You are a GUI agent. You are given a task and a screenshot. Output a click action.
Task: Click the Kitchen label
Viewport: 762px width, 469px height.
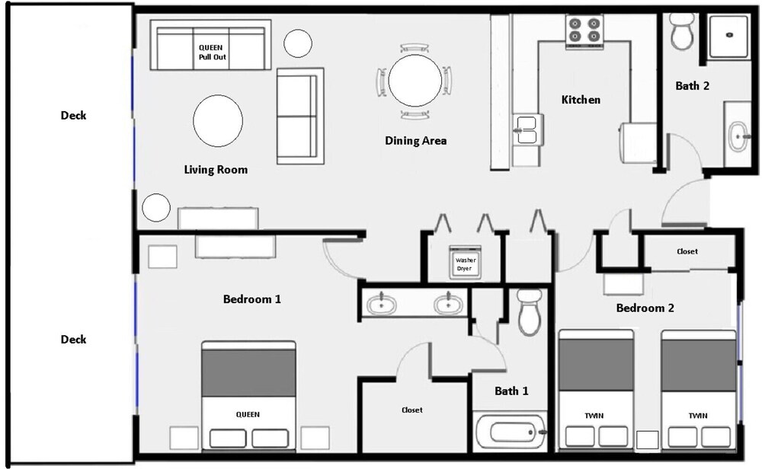pyautogui.click(x=581, y=100)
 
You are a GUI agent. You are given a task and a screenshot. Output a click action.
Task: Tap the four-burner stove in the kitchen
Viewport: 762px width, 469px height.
pyautogui.click(x=584, y=32)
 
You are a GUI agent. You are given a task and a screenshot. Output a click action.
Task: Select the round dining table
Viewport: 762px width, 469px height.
pyautogui.click(x=415, y=81)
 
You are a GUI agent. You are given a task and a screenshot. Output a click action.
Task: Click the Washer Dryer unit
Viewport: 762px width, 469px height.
pyautogui.click(x=465, y=263)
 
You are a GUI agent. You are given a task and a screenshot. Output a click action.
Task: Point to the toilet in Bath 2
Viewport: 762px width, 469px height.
pyautogui.click(x=682, y=31)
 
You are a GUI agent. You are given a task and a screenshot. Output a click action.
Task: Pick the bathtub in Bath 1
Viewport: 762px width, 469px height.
pyautogui.click(x=511, y=431)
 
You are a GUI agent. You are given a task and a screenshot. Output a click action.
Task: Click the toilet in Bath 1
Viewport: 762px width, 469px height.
pyautogui.click(x=530, y=313)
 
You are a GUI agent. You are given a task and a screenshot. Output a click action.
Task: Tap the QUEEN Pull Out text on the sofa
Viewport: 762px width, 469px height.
pyautogui.click(x=212, y=53)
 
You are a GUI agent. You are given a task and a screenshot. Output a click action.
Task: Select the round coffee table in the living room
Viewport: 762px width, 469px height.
pyautogui.click(x=218, y=121)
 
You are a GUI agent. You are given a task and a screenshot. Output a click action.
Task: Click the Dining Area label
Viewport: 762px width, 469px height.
pyautogui.click(x=415, y=141)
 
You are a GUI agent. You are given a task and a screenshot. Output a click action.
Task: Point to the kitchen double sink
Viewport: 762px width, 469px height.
pyautogui.click(x=527, y=129)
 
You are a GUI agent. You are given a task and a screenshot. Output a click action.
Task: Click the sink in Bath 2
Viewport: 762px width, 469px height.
pyautogui.click(x=738, y=136)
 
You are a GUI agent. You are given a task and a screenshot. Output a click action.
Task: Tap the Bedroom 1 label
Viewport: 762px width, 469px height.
pyautogui.click(x=251, y=299)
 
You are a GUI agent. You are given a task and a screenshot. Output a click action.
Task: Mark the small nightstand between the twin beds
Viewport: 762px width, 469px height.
pyautogui.click(x=647, y=440)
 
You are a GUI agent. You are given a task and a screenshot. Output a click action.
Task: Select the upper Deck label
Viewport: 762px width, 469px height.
pyautogui.click(x=73, y=116)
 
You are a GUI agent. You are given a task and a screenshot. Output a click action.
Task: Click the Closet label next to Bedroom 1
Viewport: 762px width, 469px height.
pyautogui.click(x=412, y=410)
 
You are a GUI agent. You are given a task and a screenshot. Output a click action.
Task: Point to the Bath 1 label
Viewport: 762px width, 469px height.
pyautogui.click(x=511, y=391)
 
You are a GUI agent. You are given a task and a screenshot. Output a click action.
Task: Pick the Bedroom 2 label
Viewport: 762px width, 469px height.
pyautogui.click(x=645, y=308)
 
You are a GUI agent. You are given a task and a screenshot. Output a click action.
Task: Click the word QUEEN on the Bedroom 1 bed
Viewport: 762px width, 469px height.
pyautogui.click(x=248, y=415)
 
